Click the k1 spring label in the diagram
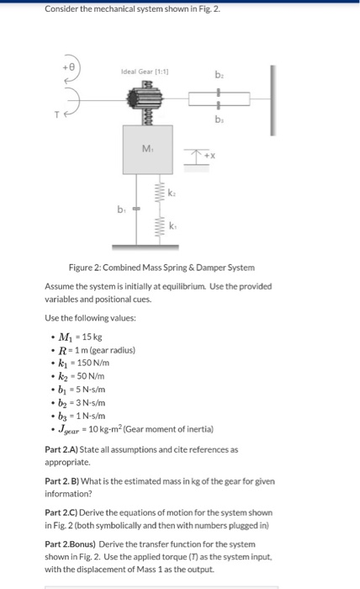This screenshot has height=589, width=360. pos(172,227)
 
